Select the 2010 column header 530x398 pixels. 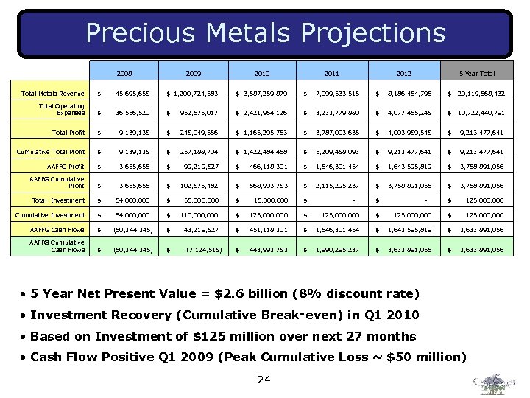262,74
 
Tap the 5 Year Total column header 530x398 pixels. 477,74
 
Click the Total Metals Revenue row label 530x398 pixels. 53,94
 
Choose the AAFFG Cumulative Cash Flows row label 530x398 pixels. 58,246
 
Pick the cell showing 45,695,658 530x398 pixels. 132,94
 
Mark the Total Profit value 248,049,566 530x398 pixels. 198,133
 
